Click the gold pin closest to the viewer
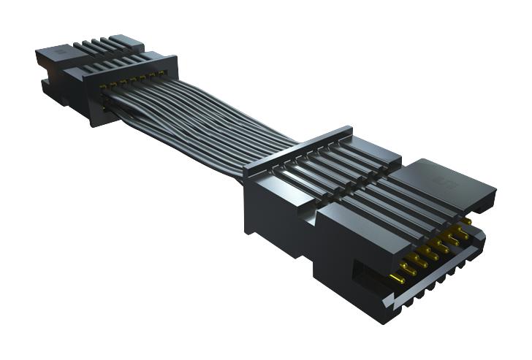[x=397, y=278]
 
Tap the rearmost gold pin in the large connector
[x=465, y=220]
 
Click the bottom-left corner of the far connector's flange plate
[x=93, y=125]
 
